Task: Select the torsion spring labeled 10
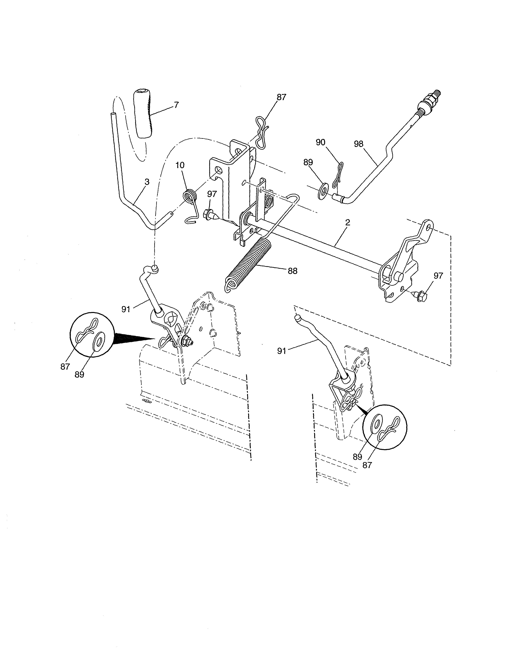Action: [190, 197]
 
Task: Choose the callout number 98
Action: [358, 144]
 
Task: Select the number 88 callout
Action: [292, 271]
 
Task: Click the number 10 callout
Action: [180, 165]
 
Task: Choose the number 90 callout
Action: [321, 142]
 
